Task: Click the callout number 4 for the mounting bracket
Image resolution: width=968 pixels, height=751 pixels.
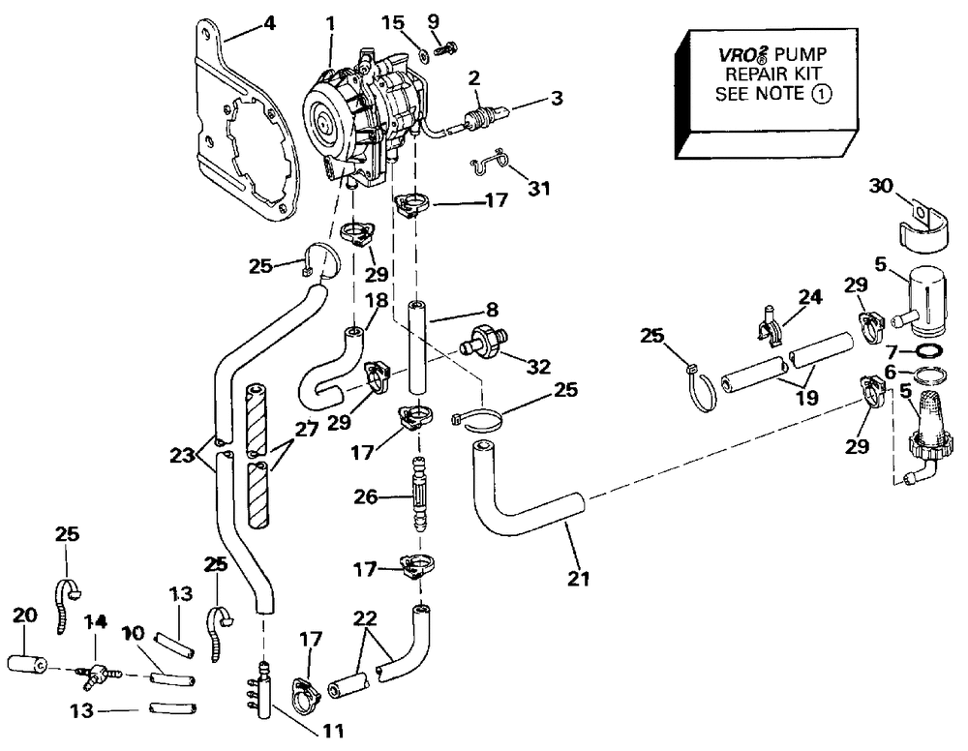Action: click(269, 23)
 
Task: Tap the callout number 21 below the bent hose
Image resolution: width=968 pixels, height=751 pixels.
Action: click(579, 578)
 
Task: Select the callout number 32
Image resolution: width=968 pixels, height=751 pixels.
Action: click(538, 367)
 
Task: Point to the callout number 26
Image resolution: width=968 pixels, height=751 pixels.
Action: click(367, 496)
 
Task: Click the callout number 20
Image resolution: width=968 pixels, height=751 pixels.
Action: click(25, 616)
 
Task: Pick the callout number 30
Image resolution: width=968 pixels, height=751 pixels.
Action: click(882, 185)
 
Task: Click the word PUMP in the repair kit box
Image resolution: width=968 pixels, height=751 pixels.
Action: click(801, 54)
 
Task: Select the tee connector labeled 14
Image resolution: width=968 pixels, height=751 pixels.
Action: click(97, 673)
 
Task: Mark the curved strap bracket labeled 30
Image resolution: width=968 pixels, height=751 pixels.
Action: click(922, 229)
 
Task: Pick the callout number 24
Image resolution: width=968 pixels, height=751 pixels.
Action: click(810, 297)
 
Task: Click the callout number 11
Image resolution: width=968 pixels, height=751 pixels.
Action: click(333, 732)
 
